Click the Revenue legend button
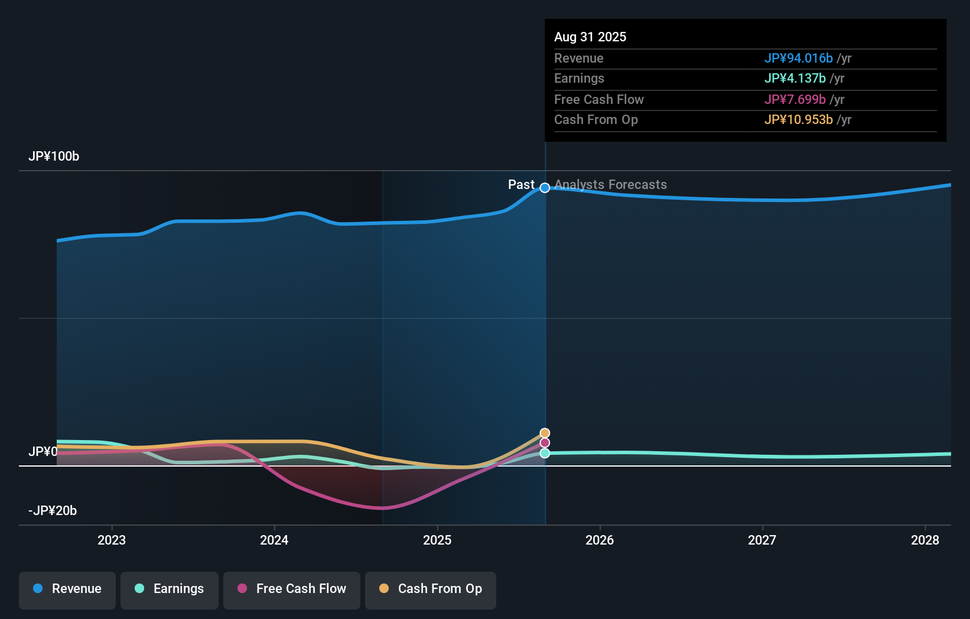pyautogui.click(x=67, y=589)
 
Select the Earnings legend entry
pyautogui.click(x=170, y=589)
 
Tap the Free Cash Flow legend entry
pyautogui.click(x=292, y=589)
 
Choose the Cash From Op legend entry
pyautogui.click(x=431, y=589)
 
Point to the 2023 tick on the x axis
pyautogui.click(x=112, y=540)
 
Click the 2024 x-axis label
pyautogui.click(x=274, y=540)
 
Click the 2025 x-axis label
pyautogui.click(x=437, y=540)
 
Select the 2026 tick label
pyautogui.click(x=600, y=540)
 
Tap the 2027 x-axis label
pyautogui.click(x=762, y=540)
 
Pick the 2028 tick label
pyautogui.click(x=925, y=540)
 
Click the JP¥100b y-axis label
pyautogui.click(x=54, y=157)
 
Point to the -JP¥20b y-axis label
pyautogui.click(x=53, y=511)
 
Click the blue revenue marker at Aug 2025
pyautogui.click(x=545, y=188)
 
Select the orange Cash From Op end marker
pyautogui.click(x=545, y=433)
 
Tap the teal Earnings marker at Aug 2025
pyautogui.click(x=545, y=453)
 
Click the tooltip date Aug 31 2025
pyautogui.click(x=590, y=37)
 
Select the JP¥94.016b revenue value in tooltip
pyautogui.click(x=798, y=58)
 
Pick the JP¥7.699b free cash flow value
pyautogui.click(x=795, y=99)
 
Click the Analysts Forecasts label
pyautogui.click(x=610, y=185)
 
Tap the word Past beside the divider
pyautogui.click(x=521, y=185)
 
